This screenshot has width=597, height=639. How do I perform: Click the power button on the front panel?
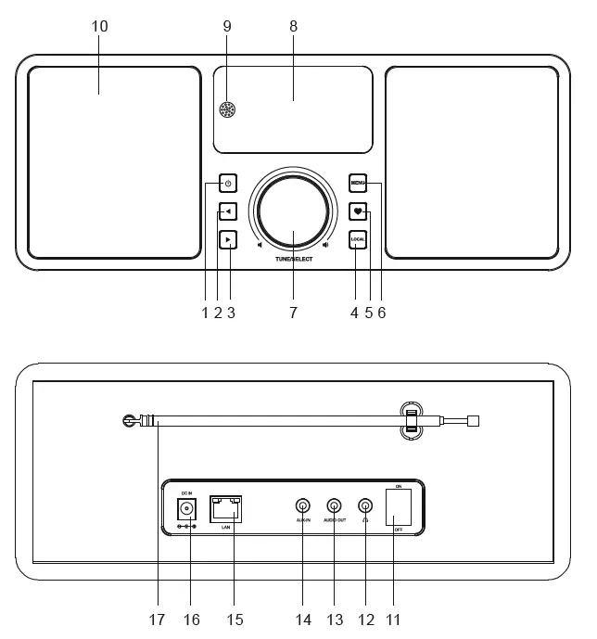[227, 184]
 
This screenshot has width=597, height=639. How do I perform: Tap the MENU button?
[358, 184]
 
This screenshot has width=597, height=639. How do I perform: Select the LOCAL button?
[358, 240]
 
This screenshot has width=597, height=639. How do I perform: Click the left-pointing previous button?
[227, 211]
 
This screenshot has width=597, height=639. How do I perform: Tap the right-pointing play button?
[227, 240]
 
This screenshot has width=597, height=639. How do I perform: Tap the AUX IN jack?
[302, 506]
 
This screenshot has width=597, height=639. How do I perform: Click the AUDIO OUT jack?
[334, 506]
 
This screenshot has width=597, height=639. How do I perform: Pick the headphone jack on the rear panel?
[365, 506]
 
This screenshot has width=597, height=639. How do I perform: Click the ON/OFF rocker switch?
[399, 508]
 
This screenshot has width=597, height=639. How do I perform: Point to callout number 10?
[100, 26]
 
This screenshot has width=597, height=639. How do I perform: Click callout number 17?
[157, 619]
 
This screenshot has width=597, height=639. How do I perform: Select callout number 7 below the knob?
[293, 313]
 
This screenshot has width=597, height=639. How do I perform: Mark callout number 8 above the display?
[293, 26]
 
